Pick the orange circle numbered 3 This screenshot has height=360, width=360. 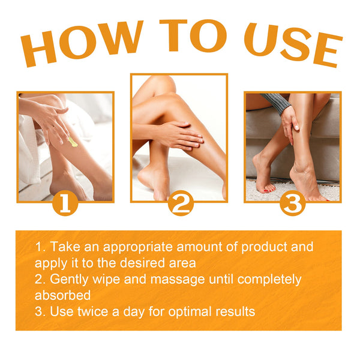tap(292, 203)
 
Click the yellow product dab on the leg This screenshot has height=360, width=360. tap(72, 142)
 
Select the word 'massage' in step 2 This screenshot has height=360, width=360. tap(191, 280)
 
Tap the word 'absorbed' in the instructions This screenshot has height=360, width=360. tap(62, 295)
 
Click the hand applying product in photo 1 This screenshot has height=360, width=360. tap(51, 120)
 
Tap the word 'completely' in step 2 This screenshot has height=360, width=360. tap(268, 280)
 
